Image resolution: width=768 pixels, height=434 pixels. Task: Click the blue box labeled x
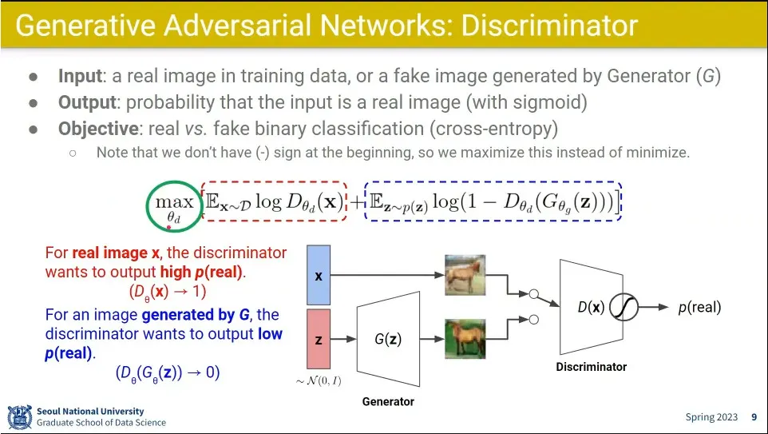click(319, 276)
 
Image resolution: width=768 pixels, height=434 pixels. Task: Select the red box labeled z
click(319, 339)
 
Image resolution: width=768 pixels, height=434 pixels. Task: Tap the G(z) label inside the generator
click(388, 339)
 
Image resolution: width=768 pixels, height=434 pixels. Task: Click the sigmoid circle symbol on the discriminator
click(624, 308)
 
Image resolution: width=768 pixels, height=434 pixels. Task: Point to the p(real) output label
click(699, 308)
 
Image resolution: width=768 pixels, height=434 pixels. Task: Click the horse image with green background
click(465, 339)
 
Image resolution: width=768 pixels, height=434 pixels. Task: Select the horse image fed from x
click(465, 275)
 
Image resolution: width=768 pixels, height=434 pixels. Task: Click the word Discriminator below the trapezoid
click(592, 367)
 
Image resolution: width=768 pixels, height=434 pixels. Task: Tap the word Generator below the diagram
click(388, 402)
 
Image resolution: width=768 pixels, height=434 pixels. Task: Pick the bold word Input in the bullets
click(80, 76)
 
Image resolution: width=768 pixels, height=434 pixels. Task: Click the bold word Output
click(87, 102)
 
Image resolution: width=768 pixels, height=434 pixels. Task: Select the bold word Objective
click(98, 129)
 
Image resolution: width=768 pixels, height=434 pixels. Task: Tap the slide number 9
click(754, 417)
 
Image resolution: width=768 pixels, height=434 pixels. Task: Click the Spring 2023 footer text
click(711, 417)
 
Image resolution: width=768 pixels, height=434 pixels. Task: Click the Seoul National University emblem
click(20, 417)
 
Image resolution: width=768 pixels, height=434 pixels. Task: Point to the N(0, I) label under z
click(319, 381)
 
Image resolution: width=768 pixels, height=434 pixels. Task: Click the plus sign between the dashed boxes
click(357, 202)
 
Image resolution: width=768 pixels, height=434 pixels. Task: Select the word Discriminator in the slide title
click(549, 25)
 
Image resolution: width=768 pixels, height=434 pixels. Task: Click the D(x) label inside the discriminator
click(592, 308)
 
